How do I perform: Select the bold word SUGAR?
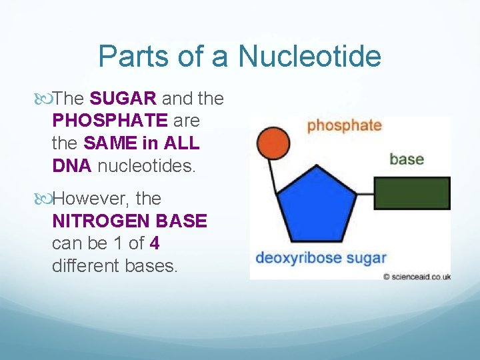[x=123, y=99]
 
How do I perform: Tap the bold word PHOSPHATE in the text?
[x=110, y=121]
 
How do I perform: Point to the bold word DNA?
[x=72, y=166]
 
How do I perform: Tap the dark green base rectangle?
[x=411, y=194]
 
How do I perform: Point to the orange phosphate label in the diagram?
[x=344, y=125]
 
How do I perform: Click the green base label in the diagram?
[x=406, y=159]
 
